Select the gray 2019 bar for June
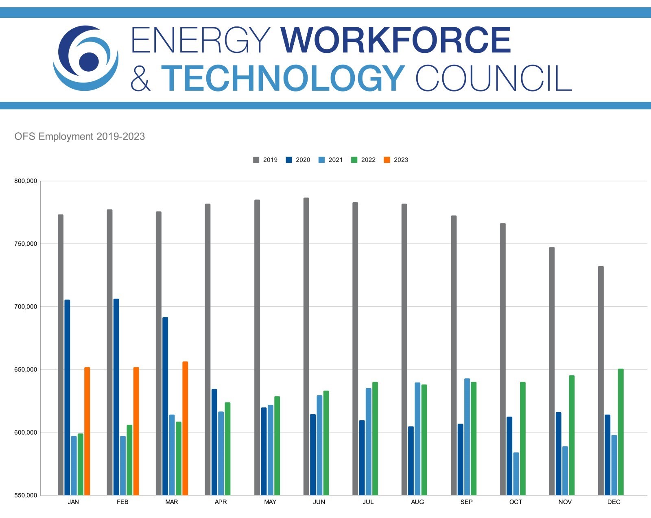(x=306, y=346)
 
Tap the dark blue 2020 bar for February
(x=116, y=397)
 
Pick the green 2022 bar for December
(x=620, y=432)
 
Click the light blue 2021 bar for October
(x=516, y=474)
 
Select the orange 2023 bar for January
(x=87, y=431)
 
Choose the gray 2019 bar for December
(x=601, y=380)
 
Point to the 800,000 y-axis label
(x=26, y=181)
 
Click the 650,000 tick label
(x=26, y=369)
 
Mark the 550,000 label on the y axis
(x=26, y=495)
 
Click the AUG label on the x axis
(x=417, y=502)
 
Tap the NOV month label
(x=565, y=502)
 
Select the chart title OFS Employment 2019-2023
(x=80, y=136)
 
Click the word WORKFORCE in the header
(x=395, y=40)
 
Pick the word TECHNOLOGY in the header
(x=283, y=78)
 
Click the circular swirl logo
(x=85, y=58)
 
